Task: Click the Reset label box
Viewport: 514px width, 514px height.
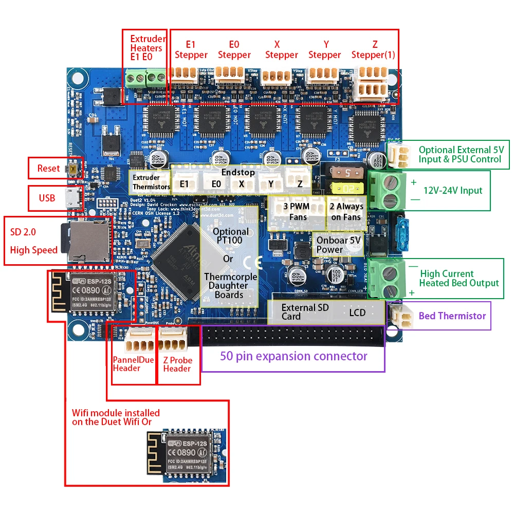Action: point(48,168)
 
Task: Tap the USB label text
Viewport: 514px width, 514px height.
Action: point(47,198)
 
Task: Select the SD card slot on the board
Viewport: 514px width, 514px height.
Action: point(85,240)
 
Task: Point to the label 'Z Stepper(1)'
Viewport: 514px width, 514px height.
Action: point(373,50)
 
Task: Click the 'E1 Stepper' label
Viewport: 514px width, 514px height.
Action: point(191,50)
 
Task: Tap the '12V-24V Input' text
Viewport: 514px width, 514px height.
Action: point(453,191)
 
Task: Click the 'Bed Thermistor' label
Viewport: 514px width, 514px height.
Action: point(452,316)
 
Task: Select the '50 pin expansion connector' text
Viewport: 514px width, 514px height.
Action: point(293,356)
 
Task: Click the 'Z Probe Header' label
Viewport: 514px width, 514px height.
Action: point(177,364)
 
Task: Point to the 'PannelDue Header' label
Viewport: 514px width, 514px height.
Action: point(133,364)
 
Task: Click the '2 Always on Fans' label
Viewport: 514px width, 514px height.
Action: point(346,211)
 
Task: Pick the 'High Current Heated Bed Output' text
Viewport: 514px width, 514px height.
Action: point(459,278)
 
